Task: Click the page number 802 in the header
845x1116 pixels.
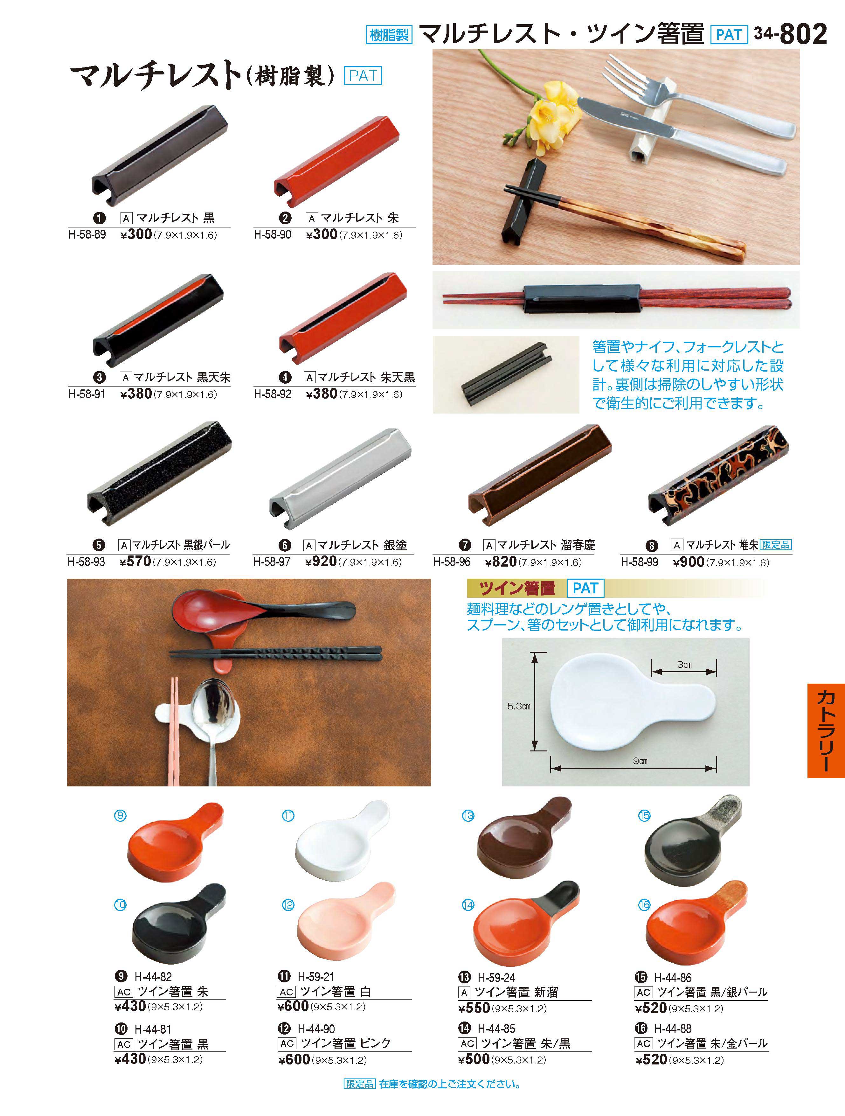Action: pyautogui.click(x=803, y=34)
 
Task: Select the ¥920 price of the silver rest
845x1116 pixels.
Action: pyautogui.click(x=321, y=561)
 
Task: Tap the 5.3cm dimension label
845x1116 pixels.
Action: pyautogui.click(x=519, y=706)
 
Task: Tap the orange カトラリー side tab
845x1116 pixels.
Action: pyautogui.click(x=826, y=730)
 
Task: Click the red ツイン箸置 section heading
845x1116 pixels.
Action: pyautogui.click(x=517, y=588)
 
